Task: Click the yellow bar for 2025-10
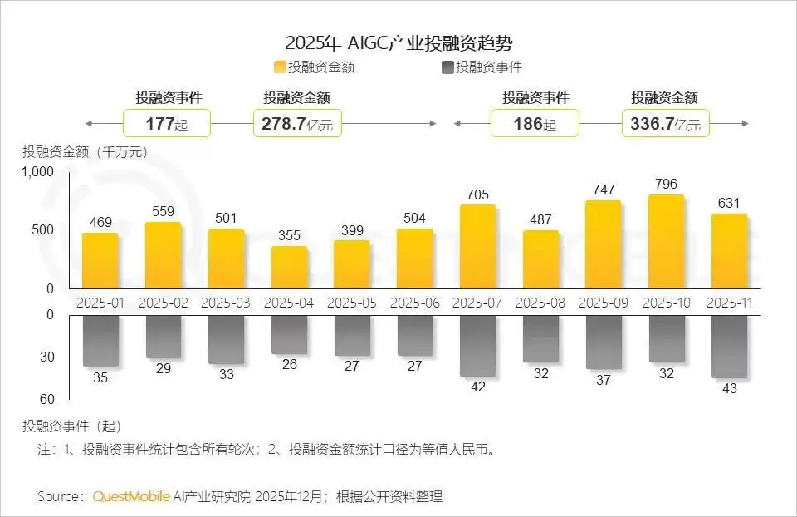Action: [x=666, y=242]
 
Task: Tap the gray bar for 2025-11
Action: [x=729, y=346]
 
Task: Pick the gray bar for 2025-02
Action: [x=163, y=336]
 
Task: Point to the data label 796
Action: [x=666, y=185]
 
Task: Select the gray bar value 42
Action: [x=478, y=386]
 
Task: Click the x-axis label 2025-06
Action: [x=414, y=303]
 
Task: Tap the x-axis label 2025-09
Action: [x=604, y=303]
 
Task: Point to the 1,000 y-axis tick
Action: [x=39, y=171]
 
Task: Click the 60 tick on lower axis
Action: [x=46, y=399]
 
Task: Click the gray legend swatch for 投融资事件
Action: [x=448, y=67]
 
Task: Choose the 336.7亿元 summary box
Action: [x=665, y=124]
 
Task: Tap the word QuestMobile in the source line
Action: [x=131, y=496]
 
